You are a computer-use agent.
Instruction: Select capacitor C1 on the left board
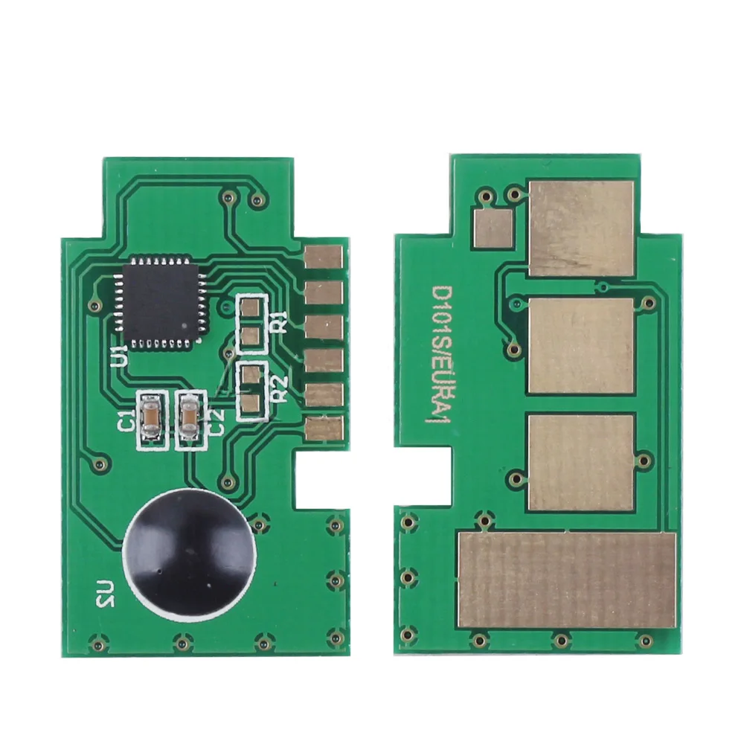(150, 422)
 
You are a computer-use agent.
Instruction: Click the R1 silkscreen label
(278, 324)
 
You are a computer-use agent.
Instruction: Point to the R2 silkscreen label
(279, 387)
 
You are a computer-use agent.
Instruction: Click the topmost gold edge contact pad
(324, 256)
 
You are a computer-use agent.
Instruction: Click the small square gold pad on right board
(493, 228)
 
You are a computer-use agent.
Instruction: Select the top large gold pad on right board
(581, 228)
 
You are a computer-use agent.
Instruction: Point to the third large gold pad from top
(581, 462)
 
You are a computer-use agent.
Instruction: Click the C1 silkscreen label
(127, 422)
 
